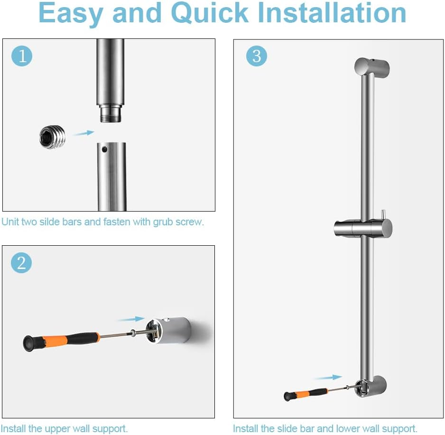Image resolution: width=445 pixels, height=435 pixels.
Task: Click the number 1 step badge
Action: pos(21,56)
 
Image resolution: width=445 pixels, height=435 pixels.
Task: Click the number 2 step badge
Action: pos(21,263)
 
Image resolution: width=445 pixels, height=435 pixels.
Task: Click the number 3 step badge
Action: pos(256,56)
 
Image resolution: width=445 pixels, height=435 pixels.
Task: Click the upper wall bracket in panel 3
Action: pos(372,67)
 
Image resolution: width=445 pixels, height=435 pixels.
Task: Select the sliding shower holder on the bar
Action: pos(363,229)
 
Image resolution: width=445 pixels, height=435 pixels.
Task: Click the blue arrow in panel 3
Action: pos(328,378)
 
